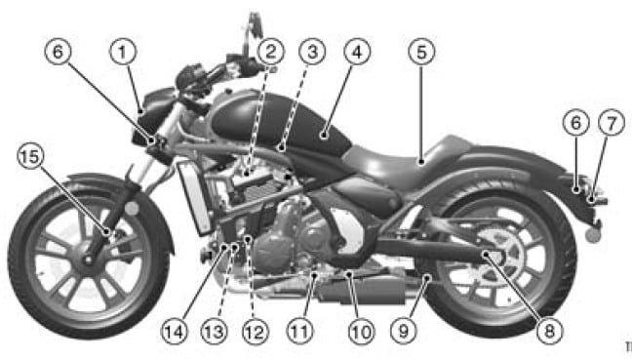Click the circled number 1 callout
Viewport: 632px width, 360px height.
[x=123, y=52]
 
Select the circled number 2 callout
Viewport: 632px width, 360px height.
[x=270, y=52]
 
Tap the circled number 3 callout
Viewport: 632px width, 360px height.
[x=312, y=52]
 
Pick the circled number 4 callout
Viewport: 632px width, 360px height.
[x=357, y=52]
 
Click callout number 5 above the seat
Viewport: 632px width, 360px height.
[x=421, y=52]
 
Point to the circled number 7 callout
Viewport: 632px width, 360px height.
[x=612, y=123]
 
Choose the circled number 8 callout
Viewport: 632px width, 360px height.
[x=550, y=332]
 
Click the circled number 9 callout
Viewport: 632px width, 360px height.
[x=404, y=332]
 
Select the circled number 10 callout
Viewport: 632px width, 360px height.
[x=362, y=332]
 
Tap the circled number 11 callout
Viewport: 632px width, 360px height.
[x=299, y=332]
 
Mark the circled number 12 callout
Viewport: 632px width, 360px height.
[x=256, y=332]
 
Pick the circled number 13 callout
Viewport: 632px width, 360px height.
[x=214, y=332]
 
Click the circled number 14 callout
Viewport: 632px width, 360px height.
[x=175, y=332]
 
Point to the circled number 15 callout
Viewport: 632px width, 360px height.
[x=30, y=156]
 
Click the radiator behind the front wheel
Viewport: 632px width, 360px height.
[x=195, y=197]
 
